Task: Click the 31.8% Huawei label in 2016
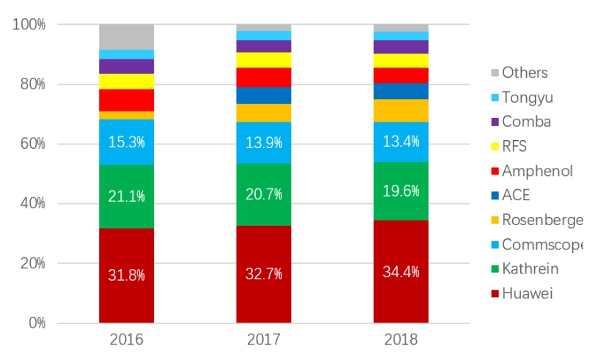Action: click(127, 276)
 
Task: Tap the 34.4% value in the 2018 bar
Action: click(401, 272)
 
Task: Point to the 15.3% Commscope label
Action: click(127, 142)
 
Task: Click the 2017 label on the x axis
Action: click(264, 340)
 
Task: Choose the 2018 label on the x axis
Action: click(401, 340)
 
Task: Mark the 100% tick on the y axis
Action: click(28, 24)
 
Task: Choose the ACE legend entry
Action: click(516, 195)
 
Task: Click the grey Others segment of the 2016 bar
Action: click(127, 37)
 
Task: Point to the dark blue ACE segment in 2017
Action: click(264, 95)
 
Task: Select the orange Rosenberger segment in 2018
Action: click(401, 111)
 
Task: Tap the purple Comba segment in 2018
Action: click(401, 47)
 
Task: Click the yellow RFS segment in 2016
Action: click(127, 81)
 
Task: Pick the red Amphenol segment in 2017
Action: click(264, 77)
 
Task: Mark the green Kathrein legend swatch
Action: click(495, 269)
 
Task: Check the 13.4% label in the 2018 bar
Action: click(401, 142)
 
